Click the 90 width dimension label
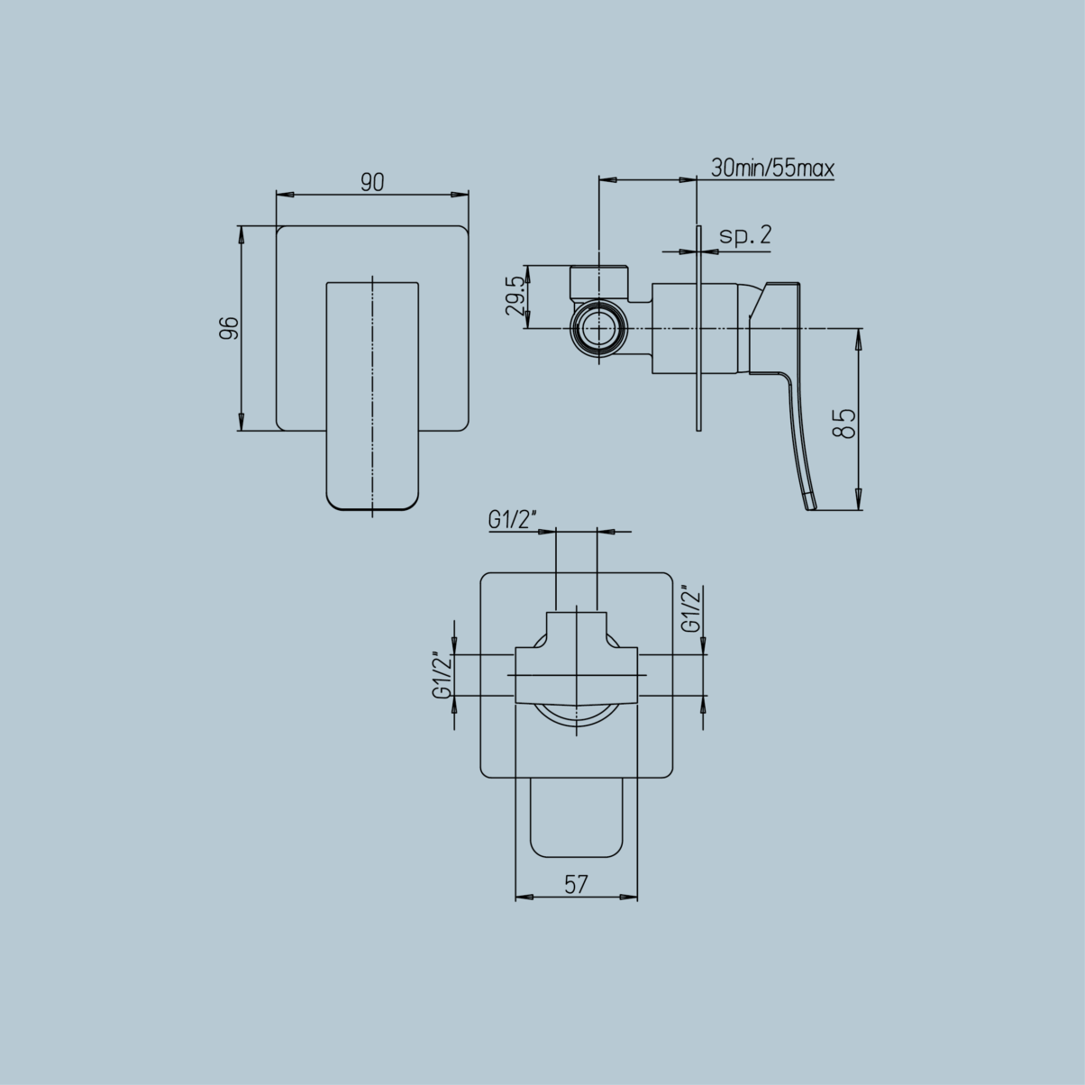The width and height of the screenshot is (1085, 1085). [372, 182]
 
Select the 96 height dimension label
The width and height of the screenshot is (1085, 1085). [229, 328]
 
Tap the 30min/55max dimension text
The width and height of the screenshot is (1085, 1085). [772, 169]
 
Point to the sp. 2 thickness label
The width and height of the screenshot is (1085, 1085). [745, 236]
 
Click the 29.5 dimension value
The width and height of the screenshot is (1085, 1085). [515, 296]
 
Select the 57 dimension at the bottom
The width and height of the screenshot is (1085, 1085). [576, 885]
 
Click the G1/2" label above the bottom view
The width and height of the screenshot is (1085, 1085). [513, 520]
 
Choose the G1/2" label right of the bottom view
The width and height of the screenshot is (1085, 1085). [691, 610]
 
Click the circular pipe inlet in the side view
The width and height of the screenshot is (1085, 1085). [599, 328]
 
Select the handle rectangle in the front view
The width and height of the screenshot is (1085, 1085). [372, 397]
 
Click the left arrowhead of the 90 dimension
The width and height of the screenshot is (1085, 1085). [282, 194]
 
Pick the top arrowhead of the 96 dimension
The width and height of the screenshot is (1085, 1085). [241, 232]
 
